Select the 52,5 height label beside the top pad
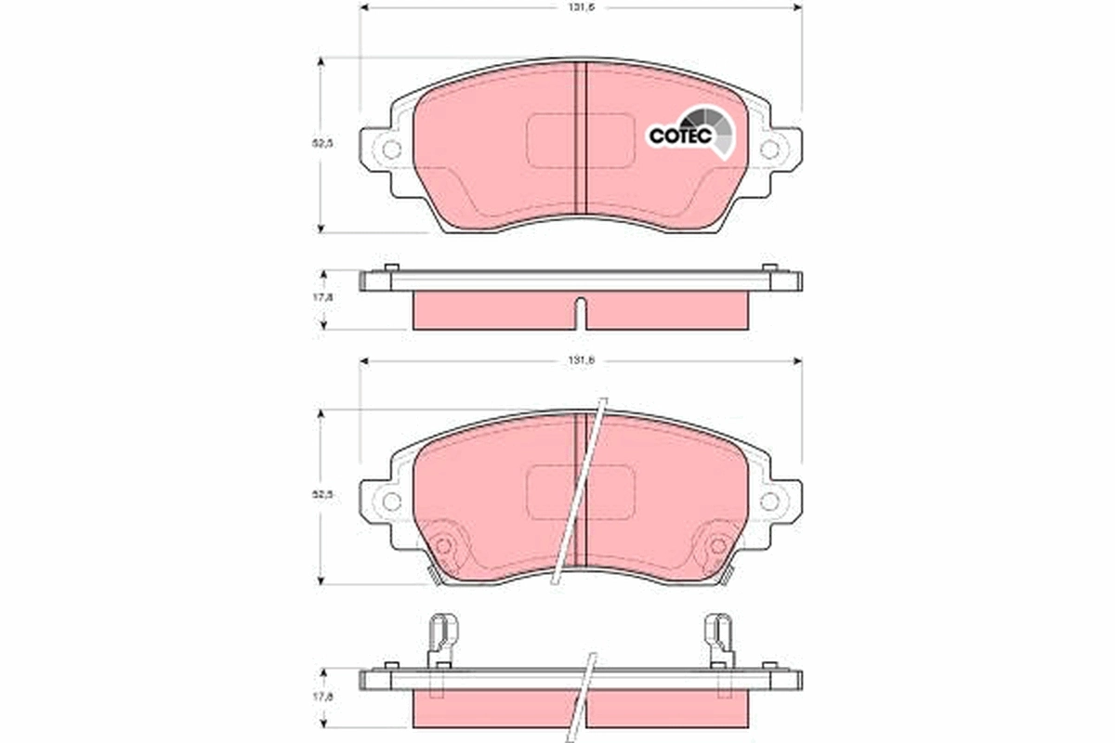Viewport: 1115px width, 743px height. click(x=321, y=144)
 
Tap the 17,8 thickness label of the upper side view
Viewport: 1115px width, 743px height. click(x=321, y=298)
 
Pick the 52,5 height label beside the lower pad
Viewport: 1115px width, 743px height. click(x=321, y=495)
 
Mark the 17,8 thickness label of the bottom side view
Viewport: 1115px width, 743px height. click(x=321, y=697)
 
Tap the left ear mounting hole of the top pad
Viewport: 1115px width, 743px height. click(x=391, y=149)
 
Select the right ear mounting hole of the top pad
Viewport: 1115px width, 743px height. click(x=769, y=149)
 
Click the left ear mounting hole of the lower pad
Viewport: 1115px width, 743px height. click(x=391, y=502)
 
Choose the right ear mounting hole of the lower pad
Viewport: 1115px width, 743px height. click(x=769, y=502)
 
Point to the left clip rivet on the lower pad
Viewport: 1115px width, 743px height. click(x=444, y=546)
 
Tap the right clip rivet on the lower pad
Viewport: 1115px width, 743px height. click(x=716, y=546)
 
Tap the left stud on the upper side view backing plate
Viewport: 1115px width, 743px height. click(x=391, y=268)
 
